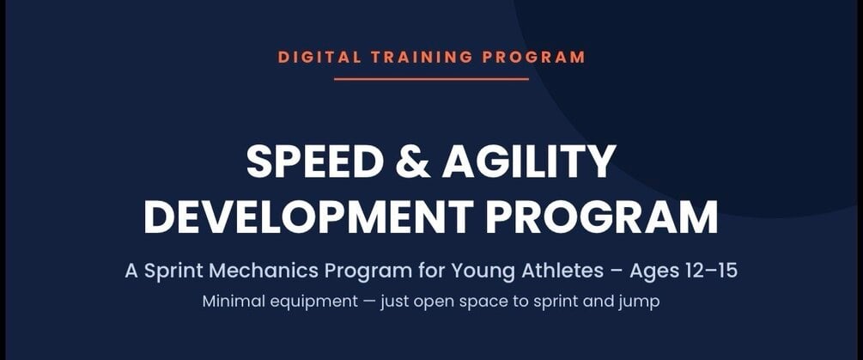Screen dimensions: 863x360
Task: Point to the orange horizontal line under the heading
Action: pyautogui.click(x=431, y=79)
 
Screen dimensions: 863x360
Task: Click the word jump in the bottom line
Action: pyautogui.click(x=639, y=303)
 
